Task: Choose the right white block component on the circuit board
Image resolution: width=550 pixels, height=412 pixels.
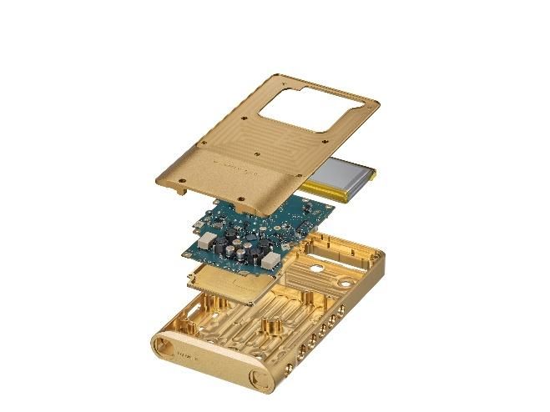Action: tap(270, 261)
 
